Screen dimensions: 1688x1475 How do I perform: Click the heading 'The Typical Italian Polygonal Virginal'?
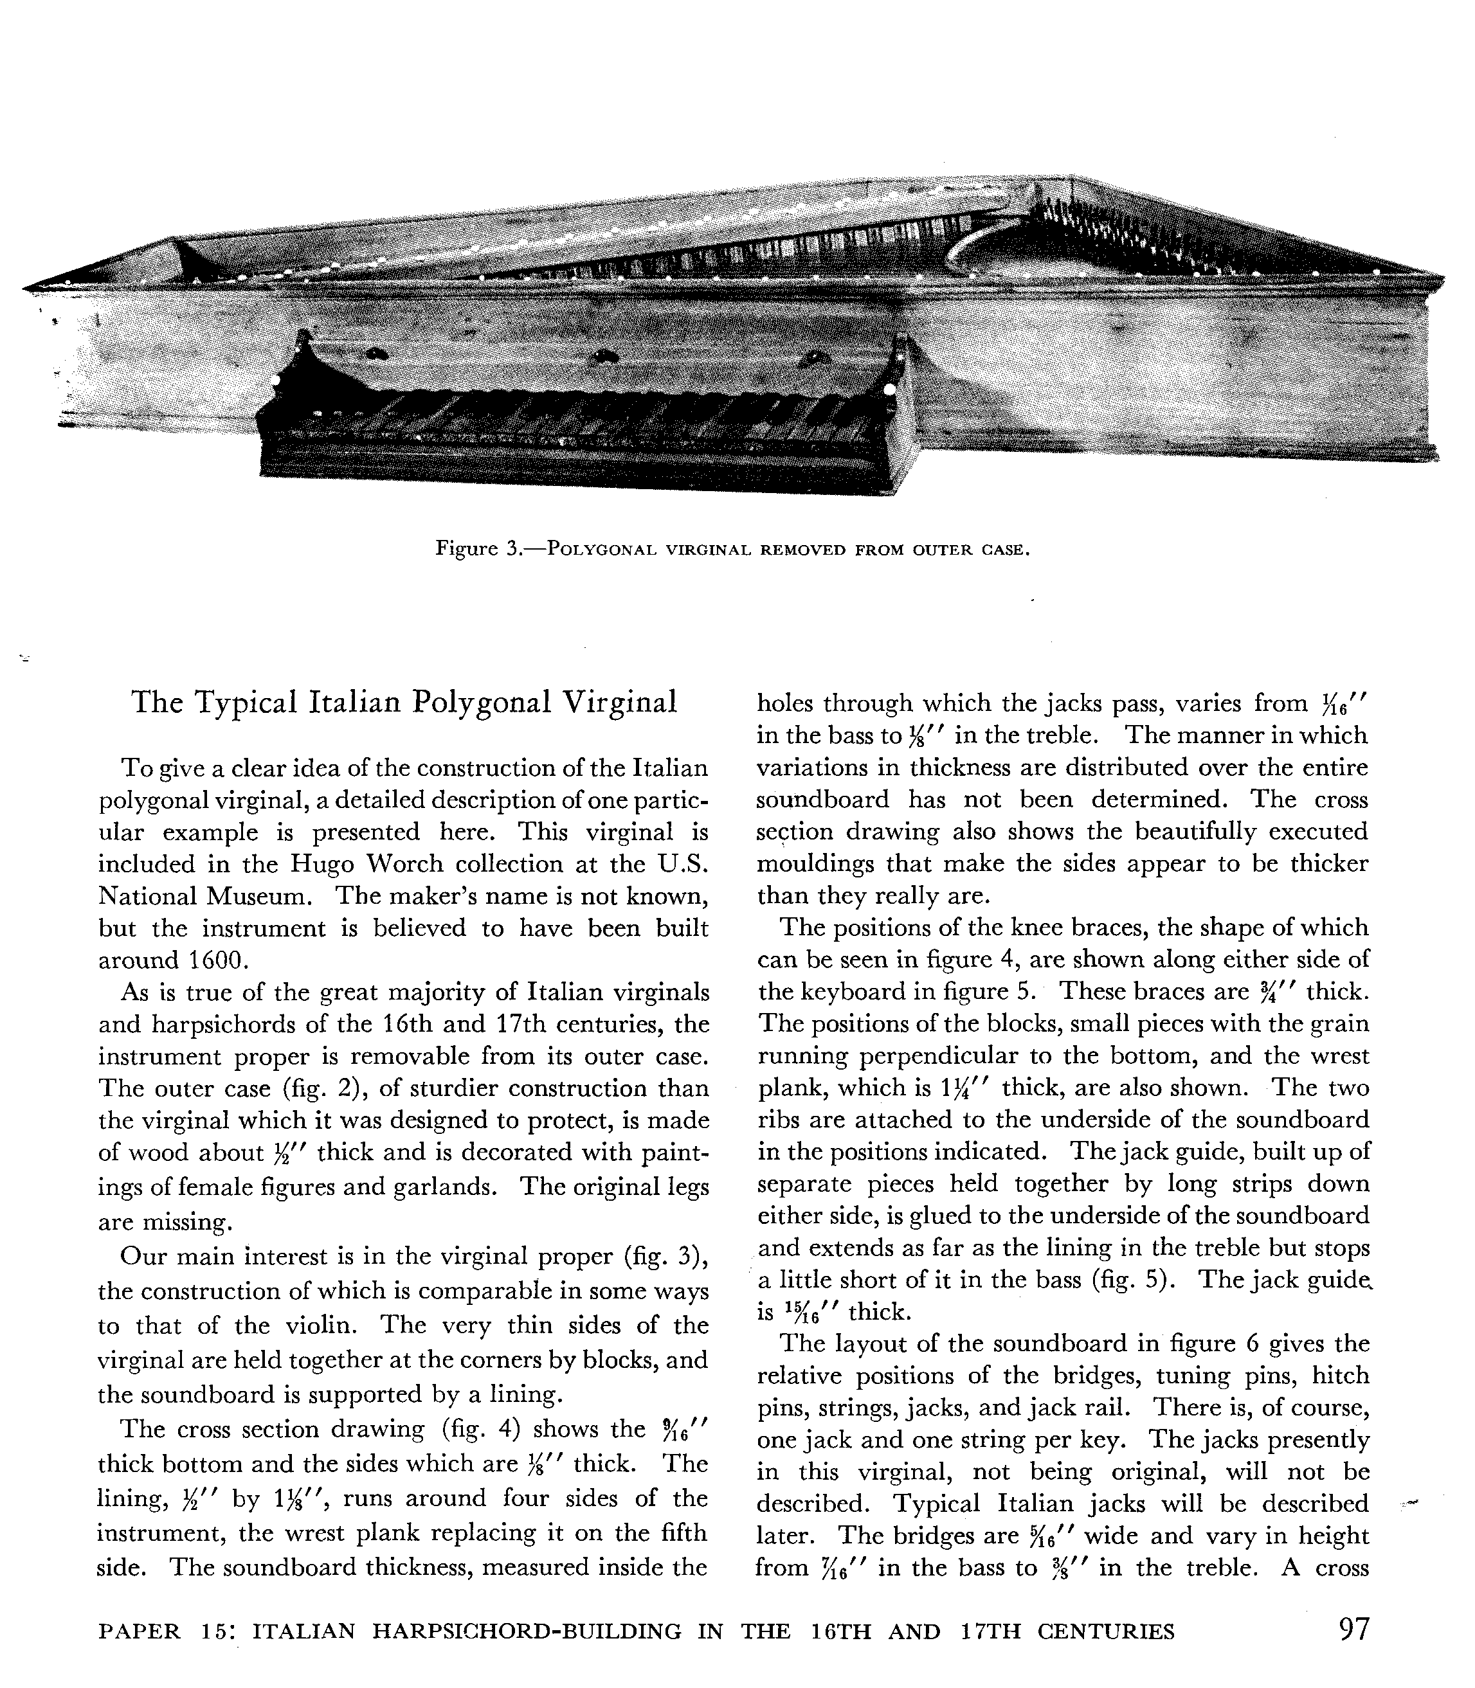pos(404,702)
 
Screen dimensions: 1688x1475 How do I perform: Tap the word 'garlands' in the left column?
pos(458,1187)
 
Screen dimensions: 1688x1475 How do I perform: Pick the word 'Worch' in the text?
pos(406,864)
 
